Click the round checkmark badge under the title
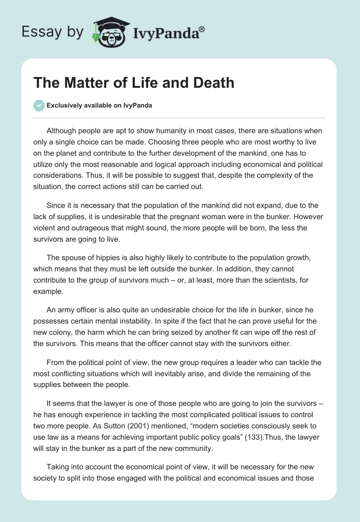pos(39,105)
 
